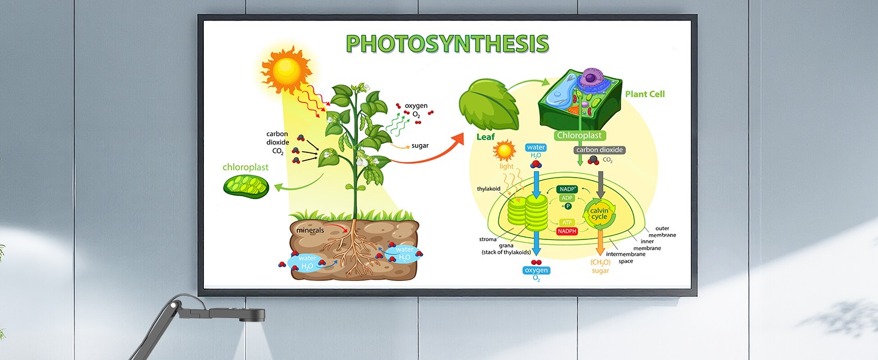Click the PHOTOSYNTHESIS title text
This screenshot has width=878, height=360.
(447, 44)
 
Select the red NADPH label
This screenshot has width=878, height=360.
(567, 231)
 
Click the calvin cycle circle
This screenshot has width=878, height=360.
(599, 214)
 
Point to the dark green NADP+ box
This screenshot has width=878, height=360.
(567, 189)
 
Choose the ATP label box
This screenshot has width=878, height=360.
(567, 222)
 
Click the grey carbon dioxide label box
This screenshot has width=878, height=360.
(599, 150)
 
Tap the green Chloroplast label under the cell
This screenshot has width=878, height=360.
(579, 136)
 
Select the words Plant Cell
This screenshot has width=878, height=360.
(645, 94)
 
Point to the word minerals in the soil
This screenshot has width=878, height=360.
(310, 230)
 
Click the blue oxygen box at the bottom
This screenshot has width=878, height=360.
(537, 271)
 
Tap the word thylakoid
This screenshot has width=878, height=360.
(489, 188)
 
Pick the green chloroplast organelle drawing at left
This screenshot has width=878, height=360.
(246, 187)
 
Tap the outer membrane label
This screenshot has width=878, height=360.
(665, 232)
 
